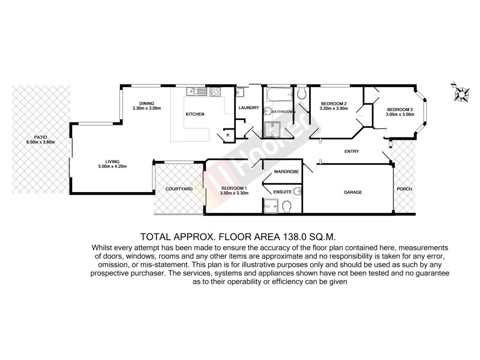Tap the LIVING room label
point(112,161)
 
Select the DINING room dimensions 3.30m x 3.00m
point(148,108)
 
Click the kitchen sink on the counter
point(196,92)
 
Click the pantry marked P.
point(229,136)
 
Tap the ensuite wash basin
point(297,191)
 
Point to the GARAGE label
point(352,192)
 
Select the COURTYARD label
point(178,189)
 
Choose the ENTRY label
point(351,151)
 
